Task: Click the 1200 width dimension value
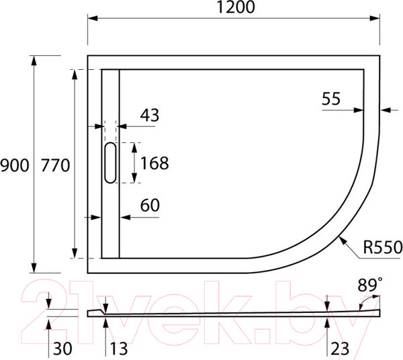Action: point(236,8)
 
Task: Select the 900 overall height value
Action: point(15,165)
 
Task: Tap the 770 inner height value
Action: point(55,165)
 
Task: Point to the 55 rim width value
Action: point(330,99)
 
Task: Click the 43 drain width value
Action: point(149,115)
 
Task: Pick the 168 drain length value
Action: point(154,163)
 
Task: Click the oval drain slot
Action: point(110,163)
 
